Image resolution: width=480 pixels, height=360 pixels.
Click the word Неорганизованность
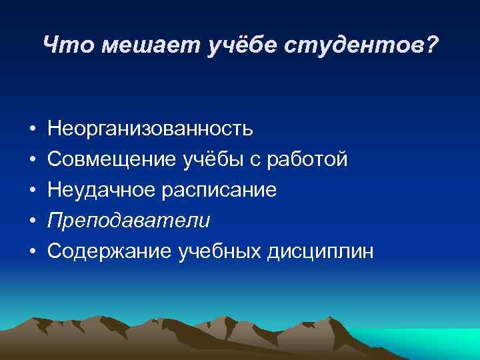click(x=150, y=127)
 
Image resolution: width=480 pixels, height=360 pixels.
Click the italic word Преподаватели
click(x=129, y=221)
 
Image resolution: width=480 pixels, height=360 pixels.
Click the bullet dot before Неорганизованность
click(x=31, y=128)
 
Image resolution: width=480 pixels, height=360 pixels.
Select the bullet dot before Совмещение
click(x=31, y=159)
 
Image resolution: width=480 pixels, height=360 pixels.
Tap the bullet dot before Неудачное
click(x=31, y=190)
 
